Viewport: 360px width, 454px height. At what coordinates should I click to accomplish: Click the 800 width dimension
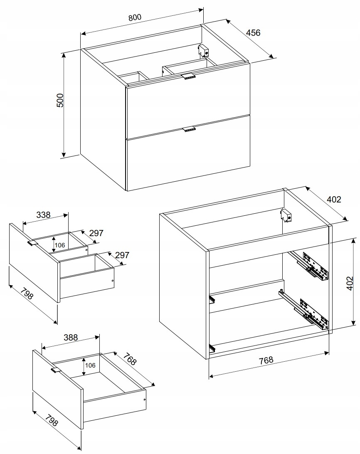click(135, 17)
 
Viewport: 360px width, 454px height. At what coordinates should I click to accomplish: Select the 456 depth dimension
click(253, 32)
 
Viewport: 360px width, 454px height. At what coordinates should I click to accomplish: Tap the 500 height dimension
click(60, 100)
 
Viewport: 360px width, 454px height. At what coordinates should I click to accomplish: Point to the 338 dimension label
click(44, 215)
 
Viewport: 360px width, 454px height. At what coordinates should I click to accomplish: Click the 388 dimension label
click(71, 337)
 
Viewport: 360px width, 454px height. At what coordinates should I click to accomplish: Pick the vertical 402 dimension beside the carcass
click(350, 283)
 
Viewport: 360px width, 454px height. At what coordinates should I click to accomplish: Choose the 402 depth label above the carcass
click(334, 199)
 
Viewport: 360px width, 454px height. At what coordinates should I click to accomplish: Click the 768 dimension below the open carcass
click(266, 360)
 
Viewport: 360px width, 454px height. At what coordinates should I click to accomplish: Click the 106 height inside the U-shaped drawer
click(60, 245)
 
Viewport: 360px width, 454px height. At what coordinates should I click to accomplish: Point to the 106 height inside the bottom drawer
click(90, 365)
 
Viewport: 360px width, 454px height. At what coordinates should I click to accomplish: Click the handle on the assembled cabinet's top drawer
click(189, 76)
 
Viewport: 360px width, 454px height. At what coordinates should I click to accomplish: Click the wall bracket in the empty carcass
click(286, 215)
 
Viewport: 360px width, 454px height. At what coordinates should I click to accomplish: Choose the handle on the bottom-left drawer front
click(56, 370)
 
